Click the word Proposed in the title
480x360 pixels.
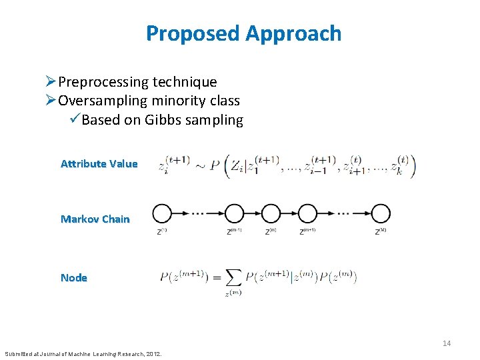point(192,33)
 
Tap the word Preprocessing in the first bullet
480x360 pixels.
point(103,82)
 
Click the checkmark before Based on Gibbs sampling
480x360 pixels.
point(73,120)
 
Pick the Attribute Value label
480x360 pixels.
point(99,163)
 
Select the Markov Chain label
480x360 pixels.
point(95,219)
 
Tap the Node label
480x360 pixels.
point(73,277)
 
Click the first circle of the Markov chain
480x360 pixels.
point(161,213)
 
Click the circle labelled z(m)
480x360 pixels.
point(271,213)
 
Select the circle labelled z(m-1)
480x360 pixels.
point(234,213)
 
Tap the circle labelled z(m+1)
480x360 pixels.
point(307,213)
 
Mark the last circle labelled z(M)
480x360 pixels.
point(381,213)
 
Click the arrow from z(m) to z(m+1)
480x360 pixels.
point(289,213)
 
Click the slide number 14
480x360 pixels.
point(447,343)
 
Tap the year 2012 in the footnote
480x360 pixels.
point(152,353)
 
